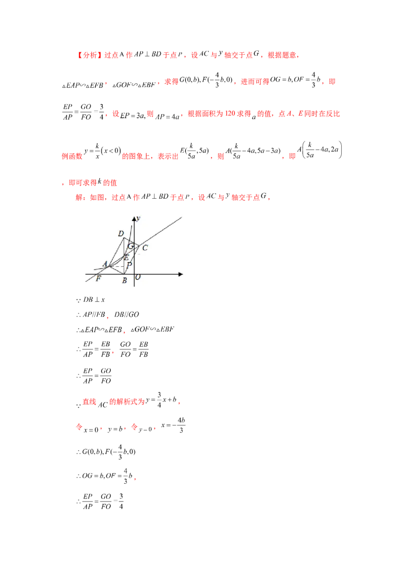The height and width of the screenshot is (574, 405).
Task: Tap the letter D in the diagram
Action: (x=120, y=234)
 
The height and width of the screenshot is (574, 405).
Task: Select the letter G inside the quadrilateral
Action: (x=131, y=246)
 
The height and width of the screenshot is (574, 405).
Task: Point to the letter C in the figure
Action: (x=145, y=248)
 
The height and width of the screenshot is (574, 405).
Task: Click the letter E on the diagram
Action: (x=126, y=258)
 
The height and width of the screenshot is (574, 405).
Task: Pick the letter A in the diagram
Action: (x=105, y=264)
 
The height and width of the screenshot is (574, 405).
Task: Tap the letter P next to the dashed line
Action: (x=129, y=265)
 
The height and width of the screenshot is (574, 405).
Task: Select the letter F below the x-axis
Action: (x=98, y=279)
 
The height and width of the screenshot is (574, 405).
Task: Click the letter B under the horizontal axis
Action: (x=124, y=280)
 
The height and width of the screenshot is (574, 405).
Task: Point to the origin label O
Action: (x=138, y=278)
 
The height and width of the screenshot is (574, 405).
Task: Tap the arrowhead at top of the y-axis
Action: (x=135, y=218)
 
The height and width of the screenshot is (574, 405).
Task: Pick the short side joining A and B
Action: (x=117, y=269)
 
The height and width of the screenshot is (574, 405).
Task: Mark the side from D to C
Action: (x=133, y=242)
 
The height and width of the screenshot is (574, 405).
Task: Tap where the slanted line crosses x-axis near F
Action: (x=94, y=274)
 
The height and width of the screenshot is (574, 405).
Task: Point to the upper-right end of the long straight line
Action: (x=181, y=218)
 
